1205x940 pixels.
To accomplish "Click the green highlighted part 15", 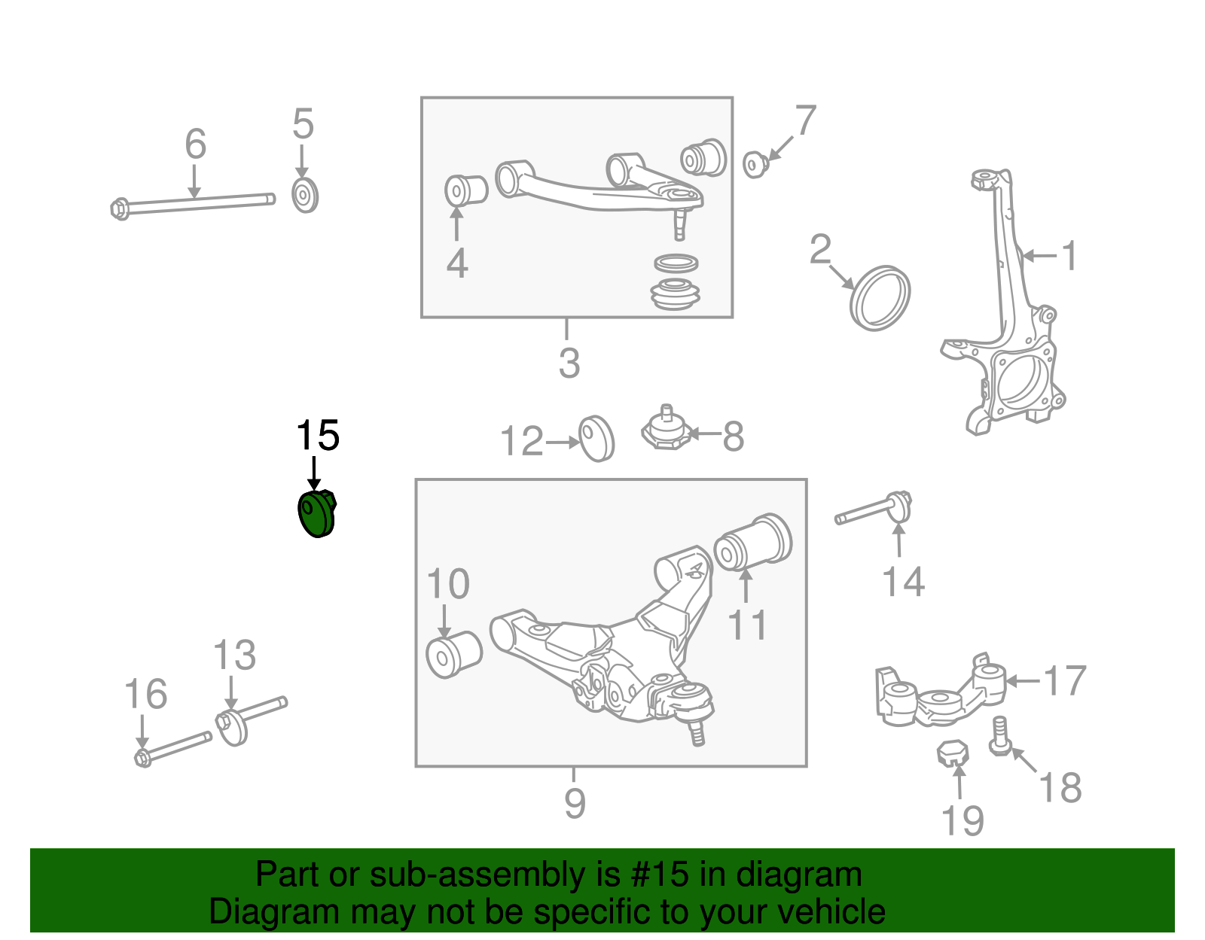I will click(x=316, y=513).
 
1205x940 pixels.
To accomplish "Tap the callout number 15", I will click(x=317, y=437).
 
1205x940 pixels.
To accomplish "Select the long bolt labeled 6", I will click(x=195, y=202).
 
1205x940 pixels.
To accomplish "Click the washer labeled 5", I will click(x=305, y=196).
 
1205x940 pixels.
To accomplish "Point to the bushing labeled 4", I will click(x=465, y=190).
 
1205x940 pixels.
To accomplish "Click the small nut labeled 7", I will click(x=755, y=163).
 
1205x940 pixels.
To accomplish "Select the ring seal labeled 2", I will click(x=880, y=297).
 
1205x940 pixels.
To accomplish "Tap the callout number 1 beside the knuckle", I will click(x=1069, y=256).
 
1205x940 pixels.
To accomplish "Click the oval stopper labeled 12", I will click(x=596, y=438).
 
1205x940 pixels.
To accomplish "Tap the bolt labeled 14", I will click(x=874, y=511).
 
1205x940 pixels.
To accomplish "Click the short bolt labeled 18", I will click(x=1000, y=736).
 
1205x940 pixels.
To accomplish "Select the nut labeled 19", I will click(x=952, y=752).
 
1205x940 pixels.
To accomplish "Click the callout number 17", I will click(x=1064, y=681).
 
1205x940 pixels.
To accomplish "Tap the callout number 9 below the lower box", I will click(x=574, y=804).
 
